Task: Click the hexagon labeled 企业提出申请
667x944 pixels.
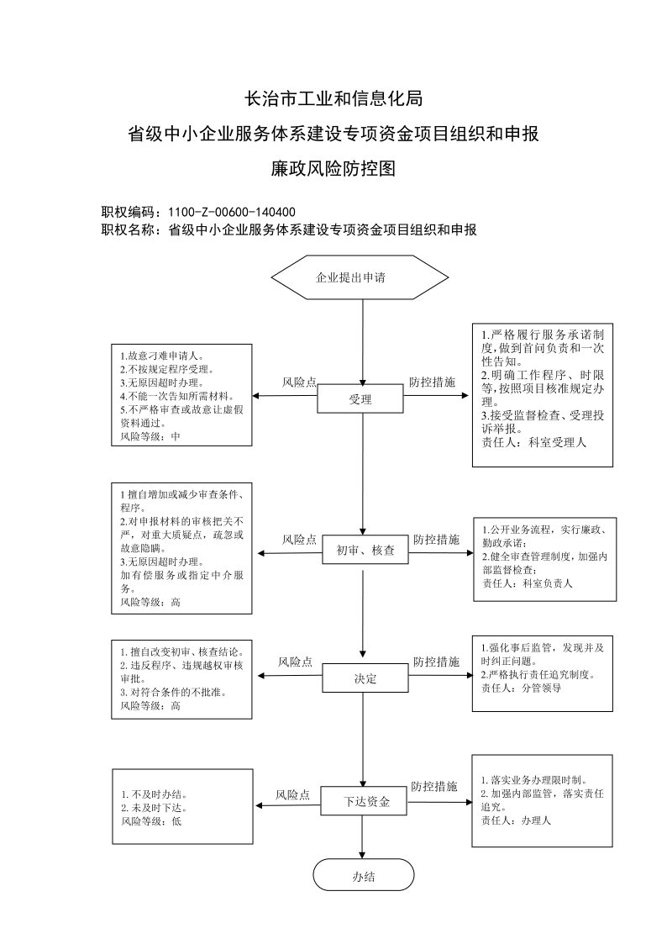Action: (360, 277)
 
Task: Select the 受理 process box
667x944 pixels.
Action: (360, 399)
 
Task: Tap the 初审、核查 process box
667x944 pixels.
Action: (365, 550)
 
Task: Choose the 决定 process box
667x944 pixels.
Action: (365, 678)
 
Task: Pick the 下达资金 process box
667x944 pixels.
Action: (365, 801)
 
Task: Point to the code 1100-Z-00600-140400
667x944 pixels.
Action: (232, 212)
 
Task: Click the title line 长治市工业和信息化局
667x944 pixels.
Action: (333, 98)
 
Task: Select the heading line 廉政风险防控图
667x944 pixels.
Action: (333, 169)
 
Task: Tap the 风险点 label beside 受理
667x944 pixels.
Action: (300, 382)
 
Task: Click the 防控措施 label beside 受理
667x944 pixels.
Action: (433, 382)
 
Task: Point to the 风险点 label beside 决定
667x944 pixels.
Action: (296, 662)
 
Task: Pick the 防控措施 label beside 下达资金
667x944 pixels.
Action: (434, 786)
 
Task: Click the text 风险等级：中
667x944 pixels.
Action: (150, 436)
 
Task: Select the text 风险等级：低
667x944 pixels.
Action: (151, 821)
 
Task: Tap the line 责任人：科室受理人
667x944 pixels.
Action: (533, 442)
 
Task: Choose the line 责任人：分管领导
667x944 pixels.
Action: (522, 688)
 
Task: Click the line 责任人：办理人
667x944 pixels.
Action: (516, 820)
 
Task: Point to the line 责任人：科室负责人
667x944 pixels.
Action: (528, 583)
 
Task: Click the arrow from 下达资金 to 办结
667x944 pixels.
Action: (362, 837)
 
